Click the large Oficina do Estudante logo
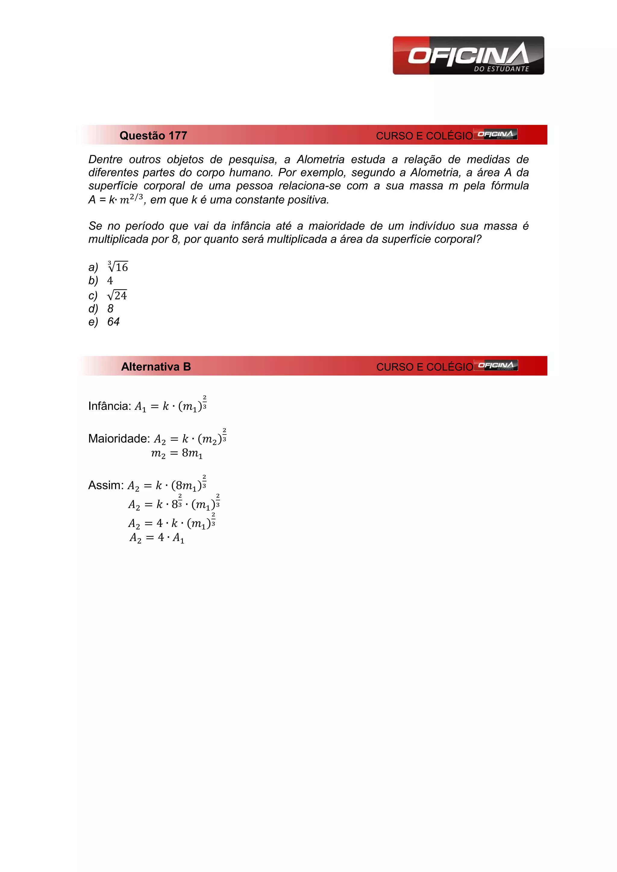pos(468,55)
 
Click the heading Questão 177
pos(153,135)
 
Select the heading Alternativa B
pos(156,366)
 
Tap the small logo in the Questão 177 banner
pos(495,135)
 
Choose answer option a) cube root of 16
pos(118,267)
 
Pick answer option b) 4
pos(110,281)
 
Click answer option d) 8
pos(110,308)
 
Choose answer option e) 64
pos(113,322)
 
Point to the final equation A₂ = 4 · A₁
pos(157,538)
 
